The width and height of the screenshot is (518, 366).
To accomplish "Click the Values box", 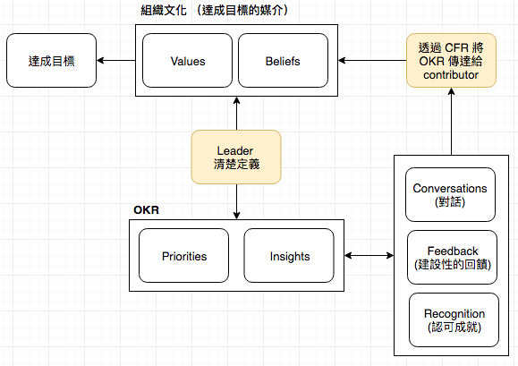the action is coord(187,61).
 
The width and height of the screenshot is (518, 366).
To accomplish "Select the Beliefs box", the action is coord(283,61).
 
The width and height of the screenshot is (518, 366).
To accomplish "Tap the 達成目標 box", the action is coord(52,61).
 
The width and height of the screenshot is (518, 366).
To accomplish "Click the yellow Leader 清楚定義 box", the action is coord(236,157).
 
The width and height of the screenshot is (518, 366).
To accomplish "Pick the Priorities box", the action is coord(184,256).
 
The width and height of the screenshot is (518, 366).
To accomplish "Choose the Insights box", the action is coord(289,256).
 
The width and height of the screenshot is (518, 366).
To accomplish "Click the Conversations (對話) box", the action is coord(450,194).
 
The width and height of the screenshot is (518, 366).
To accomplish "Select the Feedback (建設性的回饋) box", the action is coord(453,258).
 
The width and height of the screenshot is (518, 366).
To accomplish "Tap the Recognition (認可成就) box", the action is coord(454,319).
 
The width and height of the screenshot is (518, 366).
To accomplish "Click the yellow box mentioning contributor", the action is coord(451,61).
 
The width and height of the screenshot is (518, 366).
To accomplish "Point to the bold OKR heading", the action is coord(146,210).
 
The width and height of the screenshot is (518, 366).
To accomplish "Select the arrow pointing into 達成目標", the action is coord(116,61).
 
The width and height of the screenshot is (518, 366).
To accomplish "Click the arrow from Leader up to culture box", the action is coord(236,114).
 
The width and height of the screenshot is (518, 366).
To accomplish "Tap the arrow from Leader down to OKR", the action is coord(236,201).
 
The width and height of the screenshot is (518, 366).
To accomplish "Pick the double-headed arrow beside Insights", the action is coord(369,255).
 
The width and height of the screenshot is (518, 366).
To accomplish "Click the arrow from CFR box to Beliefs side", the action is coord(372,61).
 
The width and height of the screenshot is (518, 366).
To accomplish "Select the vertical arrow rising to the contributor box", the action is coord(451,121).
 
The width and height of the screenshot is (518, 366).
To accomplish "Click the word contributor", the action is coord(451,75).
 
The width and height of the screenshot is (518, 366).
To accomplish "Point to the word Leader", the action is coord(235,150).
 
